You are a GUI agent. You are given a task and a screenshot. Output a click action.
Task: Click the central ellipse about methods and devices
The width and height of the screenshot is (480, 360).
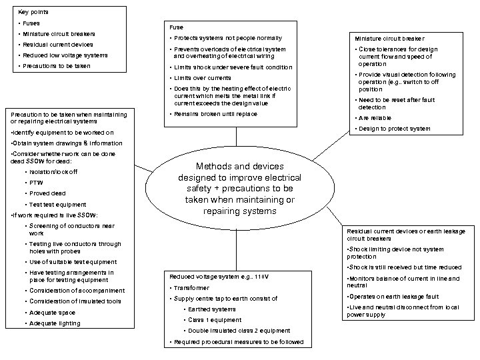click(x=239, y=189)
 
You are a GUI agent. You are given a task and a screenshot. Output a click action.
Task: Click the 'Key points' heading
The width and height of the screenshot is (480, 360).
click(x=33, y=12)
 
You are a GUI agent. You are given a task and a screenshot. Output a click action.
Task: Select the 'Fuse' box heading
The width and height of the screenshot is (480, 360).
click(x=176, y=27)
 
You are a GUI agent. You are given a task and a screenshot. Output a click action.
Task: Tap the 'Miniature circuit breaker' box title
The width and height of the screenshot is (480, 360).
click(x=389, y=39)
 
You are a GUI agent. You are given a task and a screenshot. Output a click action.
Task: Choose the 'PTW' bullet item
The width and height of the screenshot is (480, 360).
click(x=36, y=183)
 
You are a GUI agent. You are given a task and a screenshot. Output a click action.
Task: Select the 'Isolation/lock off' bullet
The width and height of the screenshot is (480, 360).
click(x=53, y=172)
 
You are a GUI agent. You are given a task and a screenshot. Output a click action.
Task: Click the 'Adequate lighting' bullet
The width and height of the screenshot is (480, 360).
click(x=55, y=323)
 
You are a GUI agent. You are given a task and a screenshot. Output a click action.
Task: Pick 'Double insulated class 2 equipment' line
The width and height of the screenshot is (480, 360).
click(x=239, y=331)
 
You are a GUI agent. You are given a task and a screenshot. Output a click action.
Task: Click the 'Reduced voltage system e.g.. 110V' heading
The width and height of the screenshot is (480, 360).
click(x=213, y=276)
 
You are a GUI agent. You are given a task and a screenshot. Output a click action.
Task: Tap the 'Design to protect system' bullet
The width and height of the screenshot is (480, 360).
click(x=394, y=129)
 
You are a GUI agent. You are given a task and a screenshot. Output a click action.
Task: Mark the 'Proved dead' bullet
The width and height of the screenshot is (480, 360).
click(x=48, y=193)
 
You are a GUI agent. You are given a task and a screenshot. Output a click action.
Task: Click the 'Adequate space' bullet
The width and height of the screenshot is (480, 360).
click(x=52, y=313)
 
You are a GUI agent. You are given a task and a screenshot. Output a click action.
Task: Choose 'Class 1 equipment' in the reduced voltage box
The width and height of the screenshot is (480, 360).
click(x=213, y=320)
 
